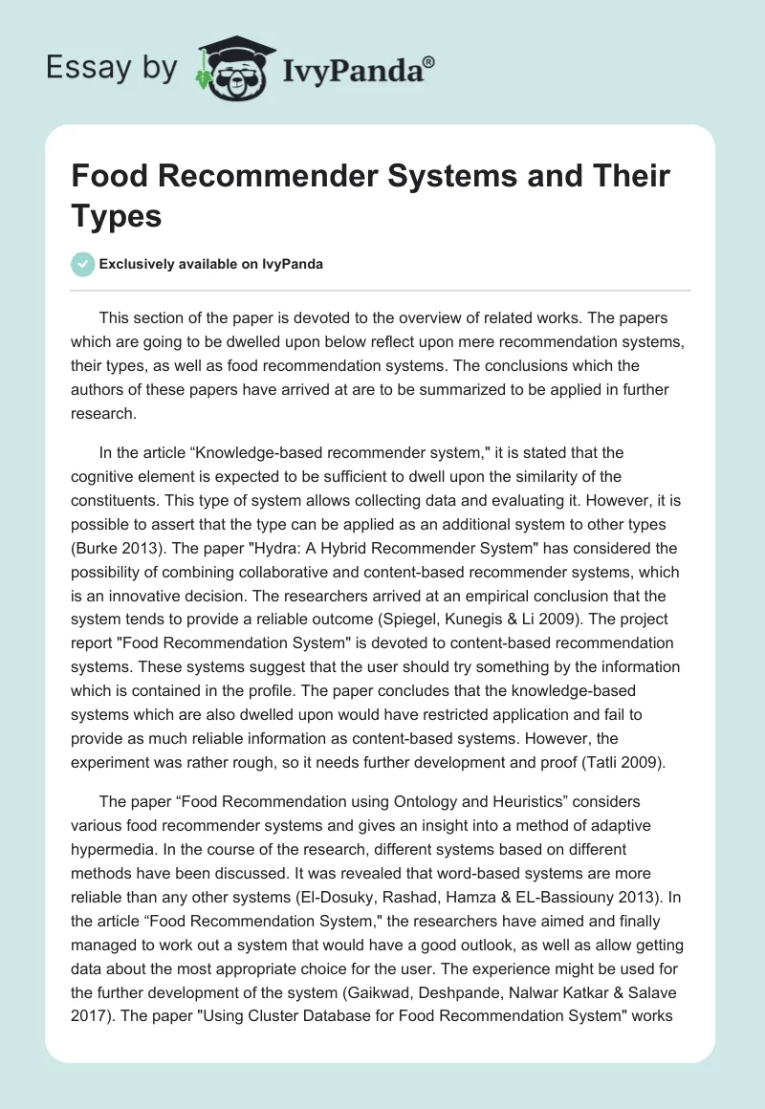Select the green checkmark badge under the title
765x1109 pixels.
coord(84,264)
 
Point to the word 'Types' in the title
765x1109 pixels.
coord(117,216)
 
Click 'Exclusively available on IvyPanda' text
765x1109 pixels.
coord(210,264)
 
